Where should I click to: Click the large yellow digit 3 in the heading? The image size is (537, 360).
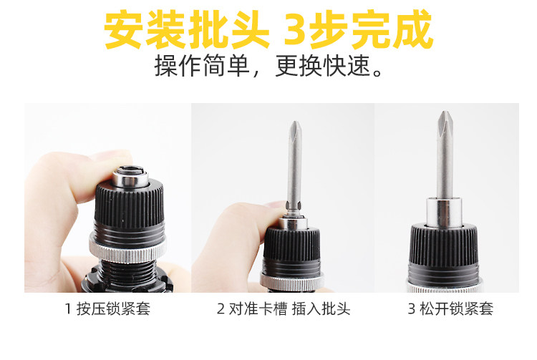click(295, 30)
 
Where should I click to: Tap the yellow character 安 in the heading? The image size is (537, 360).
click(123, 30)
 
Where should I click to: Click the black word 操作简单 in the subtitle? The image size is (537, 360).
click(202, 66)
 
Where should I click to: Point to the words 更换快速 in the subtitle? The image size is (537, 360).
click(324, 66)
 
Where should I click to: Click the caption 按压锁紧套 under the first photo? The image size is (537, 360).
click(113, 308)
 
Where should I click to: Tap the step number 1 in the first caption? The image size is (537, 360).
click(68, 309)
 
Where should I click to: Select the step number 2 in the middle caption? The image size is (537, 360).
click(221, 309)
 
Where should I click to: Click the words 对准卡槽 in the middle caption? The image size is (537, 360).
click(258, 308)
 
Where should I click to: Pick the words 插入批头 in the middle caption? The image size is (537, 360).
click(321, 308)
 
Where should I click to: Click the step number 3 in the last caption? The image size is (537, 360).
click(412, 309)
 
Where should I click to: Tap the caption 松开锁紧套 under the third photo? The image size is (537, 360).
click(457, 308)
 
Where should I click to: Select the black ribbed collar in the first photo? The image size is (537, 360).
click(129, 205)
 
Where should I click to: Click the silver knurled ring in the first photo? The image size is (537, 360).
click(127, 250)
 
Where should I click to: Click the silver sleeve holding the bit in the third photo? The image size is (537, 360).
click(444, 213)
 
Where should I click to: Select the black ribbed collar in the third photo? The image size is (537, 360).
click(444, 245)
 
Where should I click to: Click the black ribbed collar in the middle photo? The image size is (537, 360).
click(292, 244)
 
